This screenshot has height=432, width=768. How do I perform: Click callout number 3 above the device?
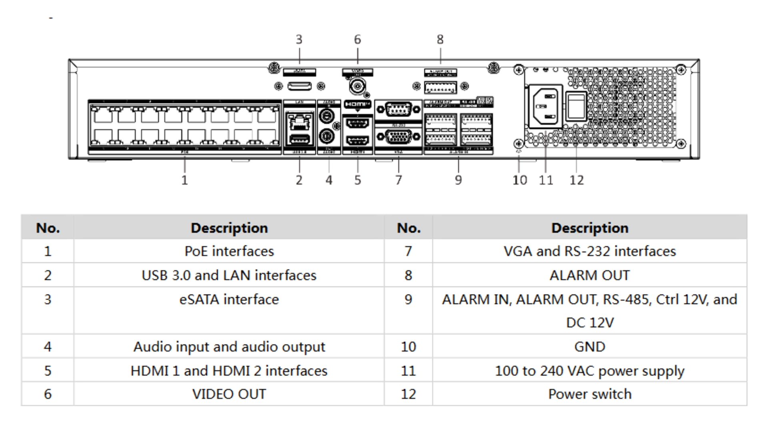pyautogui.click(x=299, y=40)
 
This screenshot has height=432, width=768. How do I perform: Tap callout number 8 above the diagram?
pyautogui.click(x=440, y=40)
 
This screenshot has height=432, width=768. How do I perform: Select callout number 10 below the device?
pyautogui.click(x=520, y=180)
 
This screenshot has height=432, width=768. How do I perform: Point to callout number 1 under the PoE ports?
pyautogui.click(x=184, y=180)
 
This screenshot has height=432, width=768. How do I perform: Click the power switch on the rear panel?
pyautogui.click(x=576, y=106)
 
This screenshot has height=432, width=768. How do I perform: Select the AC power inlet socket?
pyautogui.click(x=546, y=106)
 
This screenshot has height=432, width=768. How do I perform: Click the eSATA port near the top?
pyautogui.click(x=299, y=86)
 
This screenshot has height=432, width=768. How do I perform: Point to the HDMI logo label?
pyautogui.click(x=357, y=104)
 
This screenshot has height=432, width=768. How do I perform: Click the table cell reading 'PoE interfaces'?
pyautogui.click(x=229, y=251)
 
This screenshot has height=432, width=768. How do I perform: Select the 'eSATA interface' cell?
pyautogui.click(x=229, y=299)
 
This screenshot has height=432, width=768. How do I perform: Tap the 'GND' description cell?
pyautogui.click(x=590, y=346)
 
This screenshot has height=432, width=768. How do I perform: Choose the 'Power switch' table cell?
pyautogui.click(x=590, y=394)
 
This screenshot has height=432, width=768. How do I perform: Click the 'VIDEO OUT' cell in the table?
pyautogui.click(x=229, y=394)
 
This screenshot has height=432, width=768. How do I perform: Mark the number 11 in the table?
pyautogui.click(x=408, y=370)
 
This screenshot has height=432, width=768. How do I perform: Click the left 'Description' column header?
pyautogui.click(x=229, y=228)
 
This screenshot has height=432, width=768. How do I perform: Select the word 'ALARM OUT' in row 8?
pyautogui.click(x=590, y=275)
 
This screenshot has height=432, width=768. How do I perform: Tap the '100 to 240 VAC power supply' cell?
pyautogui.click(x=590, y=370)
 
